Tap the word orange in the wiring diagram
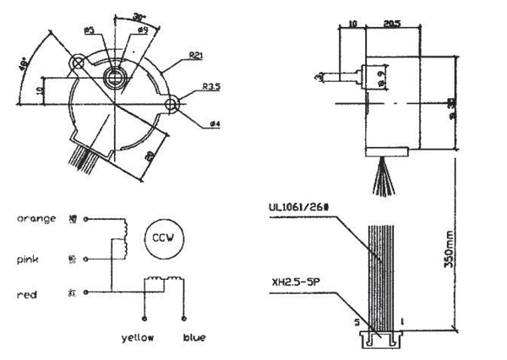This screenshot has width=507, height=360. click(36, 219)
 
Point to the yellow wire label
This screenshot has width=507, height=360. click(138, 337)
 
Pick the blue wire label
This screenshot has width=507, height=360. click(194, 337)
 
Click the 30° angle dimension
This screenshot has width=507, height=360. click(139, 16)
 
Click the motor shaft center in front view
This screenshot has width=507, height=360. click(114, 79)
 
